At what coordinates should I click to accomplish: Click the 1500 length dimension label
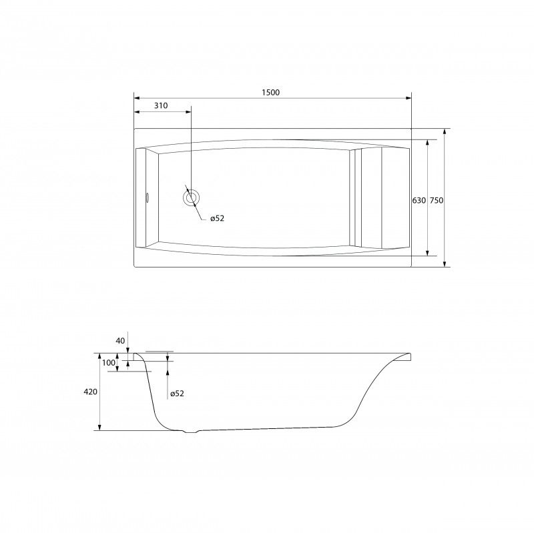click(271, 92)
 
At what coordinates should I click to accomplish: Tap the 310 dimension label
click(161, 105)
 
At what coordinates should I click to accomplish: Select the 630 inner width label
click(419, 201)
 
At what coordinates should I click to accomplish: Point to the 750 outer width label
click(437, 201)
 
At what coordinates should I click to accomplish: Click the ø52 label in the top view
click(218, 218)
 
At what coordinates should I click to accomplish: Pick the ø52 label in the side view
click(177, 394)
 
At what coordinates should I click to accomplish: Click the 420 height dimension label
click(91, 392)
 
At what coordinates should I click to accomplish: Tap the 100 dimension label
click(109, 363)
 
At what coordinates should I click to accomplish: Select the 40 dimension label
click(121, 341)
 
